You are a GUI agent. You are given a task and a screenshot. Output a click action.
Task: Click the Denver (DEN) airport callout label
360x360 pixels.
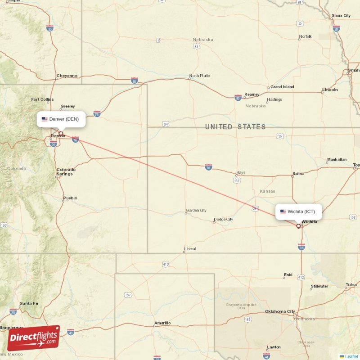(61, 119)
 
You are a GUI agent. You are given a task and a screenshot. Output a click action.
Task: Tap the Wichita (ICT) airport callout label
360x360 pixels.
(299, 211)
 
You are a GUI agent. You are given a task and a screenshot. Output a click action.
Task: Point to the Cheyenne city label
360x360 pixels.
(67, 76)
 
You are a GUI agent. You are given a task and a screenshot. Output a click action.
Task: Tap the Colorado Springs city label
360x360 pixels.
(66, 172)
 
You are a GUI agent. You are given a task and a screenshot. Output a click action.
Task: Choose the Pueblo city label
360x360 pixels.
(70, 198)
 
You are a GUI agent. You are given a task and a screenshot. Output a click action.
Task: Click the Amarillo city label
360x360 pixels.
(162, 323)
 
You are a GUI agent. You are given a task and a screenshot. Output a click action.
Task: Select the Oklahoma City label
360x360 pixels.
(280, 311)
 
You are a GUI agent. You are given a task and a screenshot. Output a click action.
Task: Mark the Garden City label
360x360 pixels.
(196, 210)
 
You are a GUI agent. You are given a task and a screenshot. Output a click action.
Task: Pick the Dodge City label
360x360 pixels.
(223, 220)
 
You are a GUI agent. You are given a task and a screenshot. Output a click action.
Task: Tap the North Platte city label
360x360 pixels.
(199, 76)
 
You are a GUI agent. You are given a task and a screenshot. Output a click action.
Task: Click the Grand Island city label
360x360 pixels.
(282, 87)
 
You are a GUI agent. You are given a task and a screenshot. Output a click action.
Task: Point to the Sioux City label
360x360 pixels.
(341, 16)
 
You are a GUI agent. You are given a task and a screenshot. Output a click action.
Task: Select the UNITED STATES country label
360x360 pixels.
(235, 127)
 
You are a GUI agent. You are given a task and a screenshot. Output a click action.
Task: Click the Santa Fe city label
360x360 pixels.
(29, 304)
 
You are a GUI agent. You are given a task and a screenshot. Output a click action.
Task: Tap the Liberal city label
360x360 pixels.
(190, 249)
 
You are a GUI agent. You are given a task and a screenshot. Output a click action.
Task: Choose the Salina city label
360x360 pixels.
(298, 173)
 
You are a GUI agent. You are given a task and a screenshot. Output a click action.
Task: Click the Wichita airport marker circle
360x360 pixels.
(298, 226)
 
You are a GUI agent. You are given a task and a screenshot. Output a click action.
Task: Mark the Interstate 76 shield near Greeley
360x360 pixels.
(97, 113)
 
